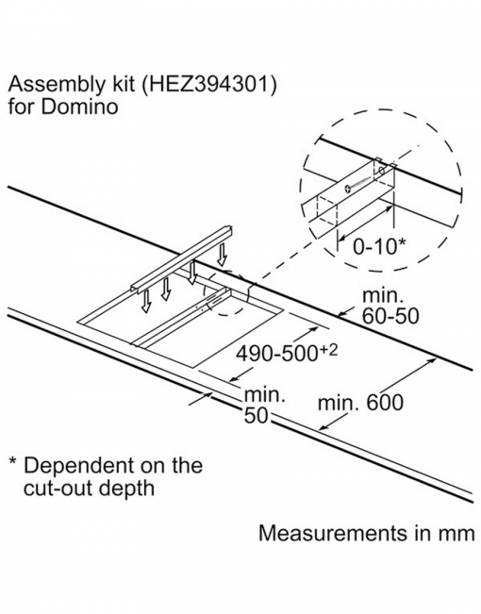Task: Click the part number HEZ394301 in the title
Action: pos(208,85)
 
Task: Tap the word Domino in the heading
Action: pos(79,107)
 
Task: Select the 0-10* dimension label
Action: pos(379,246)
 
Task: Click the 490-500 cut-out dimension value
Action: pos(276,355)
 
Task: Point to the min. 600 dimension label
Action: pos(360,403)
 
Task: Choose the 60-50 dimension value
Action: pos(390,316)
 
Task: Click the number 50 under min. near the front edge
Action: pos(256,416)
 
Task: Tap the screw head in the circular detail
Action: pos(348,190)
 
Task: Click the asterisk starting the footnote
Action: pos(13,461)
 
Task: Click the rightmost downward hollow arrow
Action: pos(222,255)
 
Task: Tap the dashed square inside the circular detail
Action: pos(326,212)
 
